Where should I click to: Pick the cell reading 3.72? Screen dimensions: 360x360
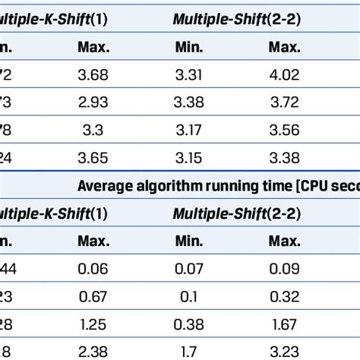pyautogui.click(x=283, y=100)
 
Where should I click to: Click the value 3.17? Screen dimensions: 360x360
pyautogui.click(x=189, y=127)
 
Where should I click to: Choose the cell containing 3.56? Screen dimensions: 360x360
pyautogui.click(x=283, y=127)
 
